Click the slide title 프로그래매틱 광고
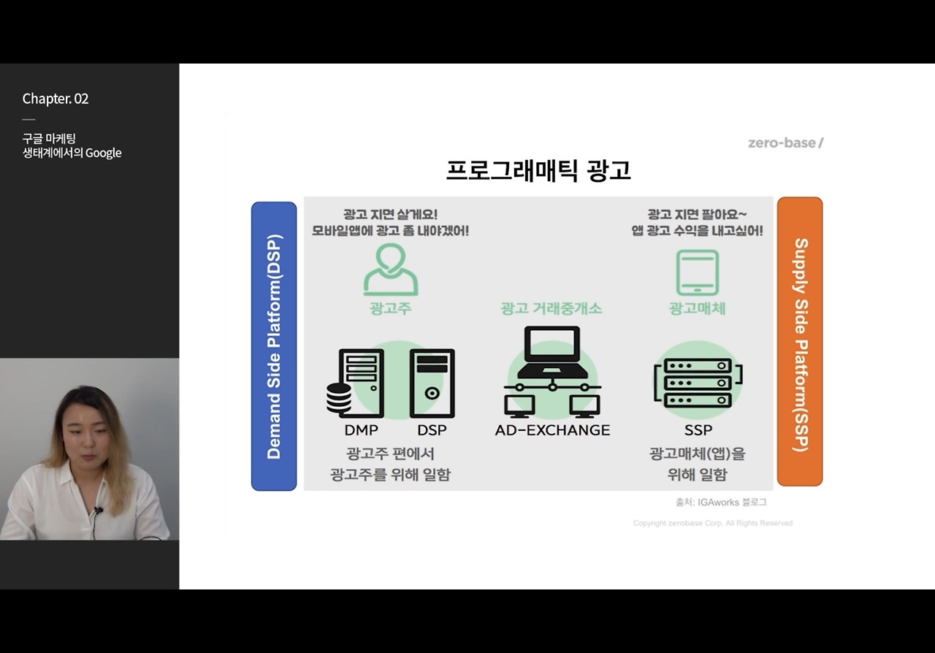tap(538, 170)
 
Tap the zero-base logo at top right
tap(785, 142)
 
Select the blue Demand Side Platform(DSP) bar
tap(274, 346)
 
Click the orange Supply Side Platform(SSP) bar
tap(800, 342)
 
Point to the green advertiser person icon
tap(391, 270)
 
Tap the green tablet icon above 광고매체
tap(697, 272)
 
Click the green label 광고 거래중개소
tap(552, 308)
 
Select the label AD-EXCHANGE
tap(552, 430)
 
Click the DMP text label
tap(361, 430)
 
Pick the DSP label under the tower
tap(432, 430)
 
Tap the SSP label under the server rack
tap(698, 430)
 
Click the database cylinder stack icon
tap(338, 398)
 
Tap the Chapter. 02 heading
tap(56, 99)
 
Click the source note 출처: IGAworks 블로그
tap(721, 503)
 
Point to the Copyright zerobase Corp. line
tap(712, 523)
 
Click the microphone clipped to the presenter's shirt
tap(99, 511)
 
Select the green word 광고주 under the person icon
tap(391, 308)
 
